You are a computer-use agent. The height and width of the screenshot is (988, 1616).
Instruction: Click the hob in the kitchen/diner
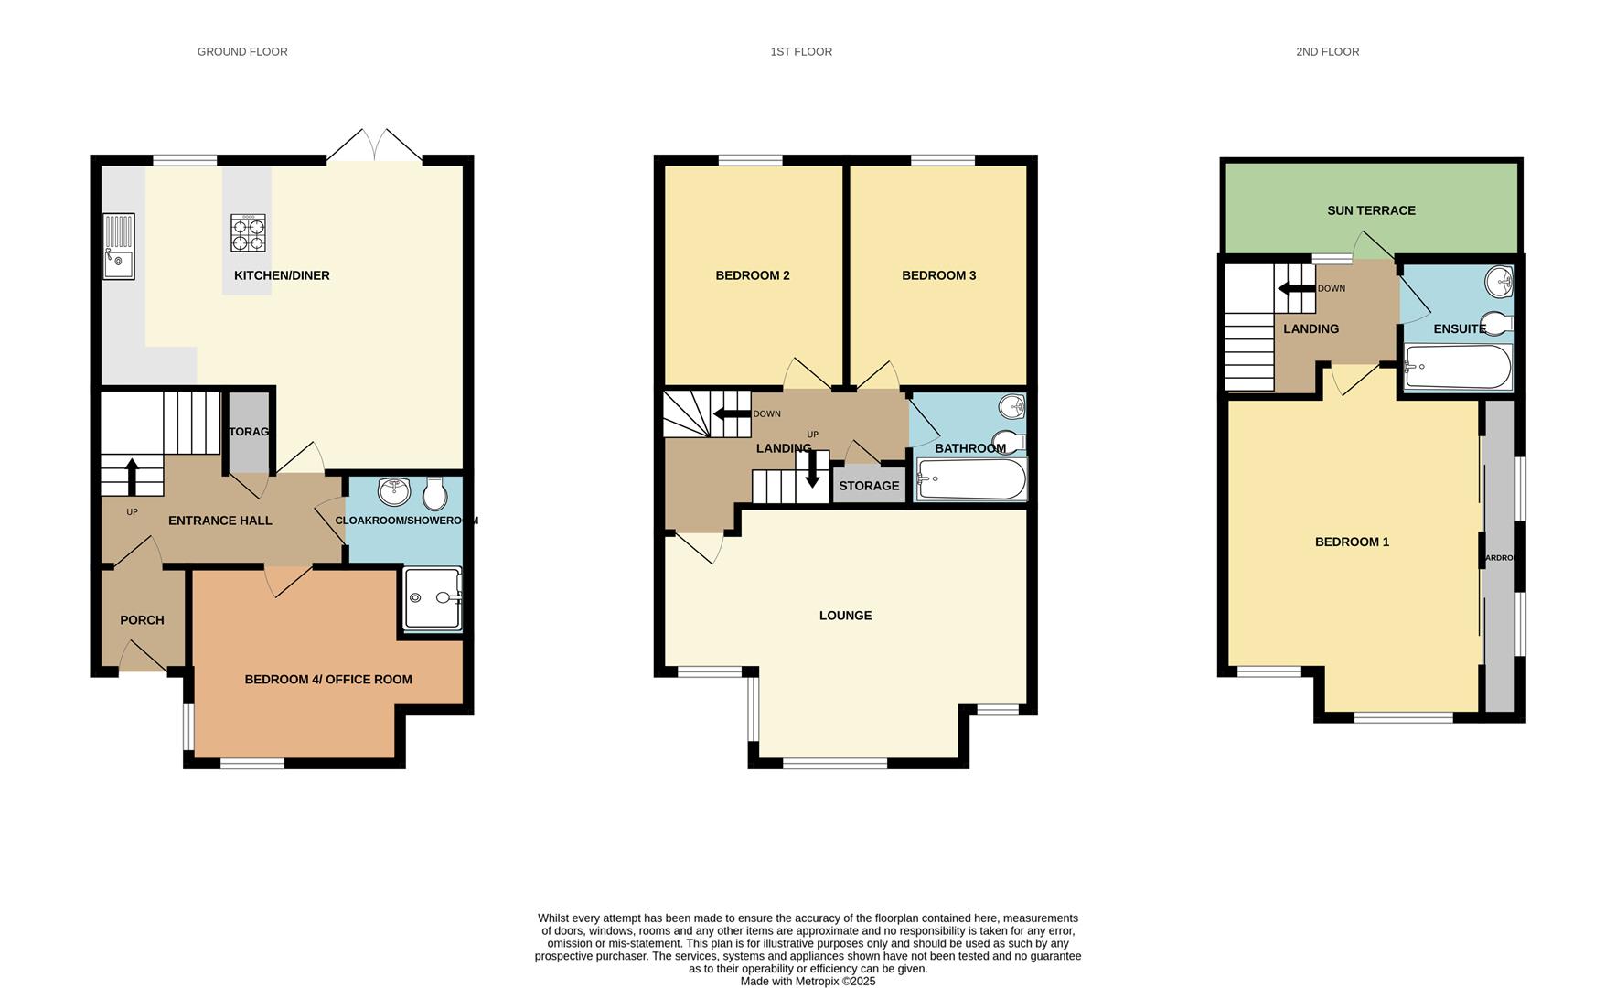point(248,232)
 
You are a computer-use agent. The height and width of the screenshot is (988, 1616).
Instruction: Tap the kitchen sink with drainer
point(119,246)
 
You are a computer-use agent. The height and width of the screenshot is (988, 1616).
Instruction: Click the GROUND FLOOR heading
point(242,52)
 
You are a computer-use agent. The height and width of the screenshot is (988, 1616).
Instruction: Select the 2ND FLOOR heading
point(1327,52)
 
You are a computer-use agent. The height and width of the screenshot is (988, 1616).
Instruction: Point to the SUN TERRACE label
point(1371,210)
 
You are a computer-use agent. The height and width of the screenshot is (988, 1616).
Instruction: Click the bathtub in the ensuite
point(1457,367)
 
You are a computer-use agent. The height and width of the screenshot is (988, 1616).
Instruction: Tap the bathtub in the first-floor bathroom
point(971,478)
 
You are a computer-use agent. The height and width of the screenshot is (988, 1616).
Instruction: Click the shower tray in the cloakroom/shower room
point(432,598)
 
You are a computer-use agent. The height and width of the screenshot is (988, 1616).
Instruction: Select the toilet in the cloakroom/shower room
point(435,494)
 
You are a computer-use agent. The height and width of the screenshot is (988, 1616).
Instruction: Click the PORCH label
point(142,620)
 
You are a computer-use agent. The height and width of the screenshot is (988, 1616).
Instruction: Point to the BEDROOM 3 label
point(938,275)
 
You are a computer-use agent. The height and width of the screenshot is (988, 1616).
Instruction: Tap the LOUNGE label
point(845,616)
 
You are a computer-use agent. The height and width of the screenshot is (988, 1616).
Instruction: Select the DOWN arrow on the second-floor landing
point(1295,289)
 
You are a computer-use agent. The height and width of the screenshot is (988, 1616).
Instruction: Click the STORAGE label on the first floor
point(869,486)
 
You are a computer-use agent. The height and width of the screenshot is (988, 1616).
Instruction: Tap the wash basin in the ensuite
point(1499,282)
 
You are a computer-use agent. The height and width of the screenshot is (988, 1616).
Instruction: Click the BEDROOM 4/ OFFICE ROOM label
point(328,680)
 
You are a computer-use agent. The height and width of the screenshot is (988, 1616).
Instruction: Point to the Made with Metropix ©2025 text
point(808,981)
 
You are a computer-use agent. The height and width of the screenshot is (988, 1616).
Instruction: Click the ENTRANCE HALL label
point(220,521)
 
